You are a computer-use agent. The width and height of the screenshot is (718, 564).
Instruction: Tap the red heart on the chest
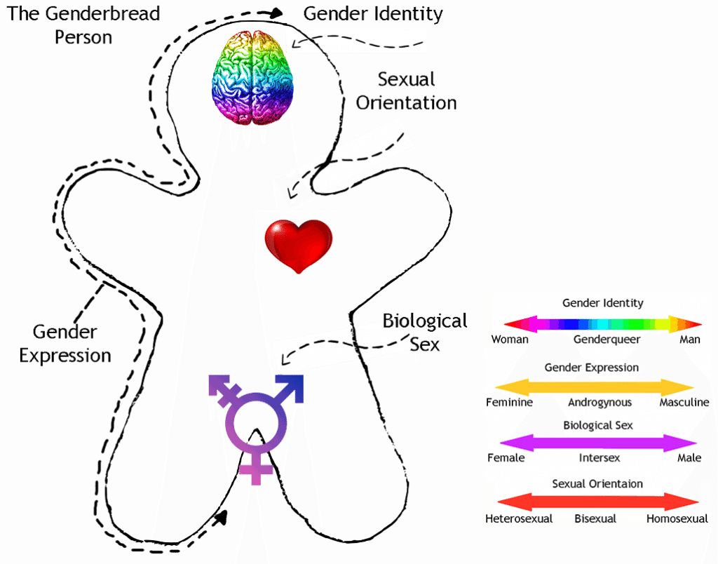(298, 246)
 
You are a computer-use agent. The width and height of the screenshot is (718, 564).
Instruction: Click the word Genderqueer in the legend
(607, 340)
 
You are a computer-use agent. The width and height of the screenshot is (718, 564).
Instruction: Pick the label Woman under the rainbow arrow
(510, 340)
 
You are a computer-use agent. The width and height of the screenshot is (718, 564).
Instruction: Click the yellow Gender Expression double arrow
(595, 387)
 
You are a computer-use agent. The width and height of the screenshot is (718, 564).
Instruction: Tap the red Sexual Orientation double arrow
(597, 501)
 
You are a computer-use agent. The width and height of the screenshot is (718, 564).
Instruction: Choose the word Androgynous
(600, 403)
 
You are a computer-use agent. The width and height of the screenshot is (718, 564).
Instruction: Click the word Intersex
(599, 458)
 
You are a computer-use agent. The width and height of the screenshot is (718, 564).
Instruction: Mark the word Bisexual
(595, 519)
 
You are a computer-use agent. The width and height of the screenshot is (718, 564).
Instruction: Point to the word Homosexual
(677, 519)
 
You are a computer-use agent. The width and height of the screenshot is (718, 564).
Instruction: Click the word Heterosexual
(519, 519)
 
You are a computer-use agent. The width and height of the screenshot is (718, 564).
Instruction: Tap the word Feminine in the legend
(509, 403)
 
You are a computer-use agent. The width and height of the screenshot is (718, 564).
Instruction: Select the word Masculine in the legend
(684, 403)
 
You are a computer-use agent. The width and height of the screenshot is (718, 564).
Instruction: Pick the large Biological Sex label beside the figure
(425, 332)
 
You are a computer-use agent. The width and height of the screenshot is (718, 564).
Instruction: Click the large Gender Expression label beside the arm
(65, 344)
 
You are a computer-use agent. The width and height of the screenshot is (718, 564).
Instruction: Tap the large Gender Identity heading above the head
(372, 13)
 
